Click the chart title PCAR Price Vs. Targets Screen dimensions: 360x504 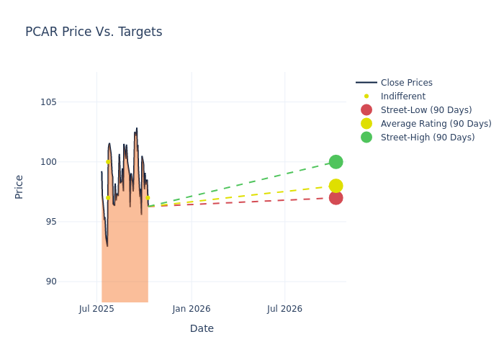[94, 32]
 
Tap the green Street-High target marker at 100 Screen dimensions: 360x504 [336, 162]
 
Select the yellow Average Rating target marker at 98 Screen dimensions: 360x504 [336, 186]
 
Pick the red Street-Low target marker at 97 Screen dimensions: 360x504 [336, 197]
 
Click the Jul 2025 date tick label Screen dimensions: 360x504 [97, 309]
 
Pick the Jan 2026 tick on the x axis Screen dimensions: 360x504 [192, 309]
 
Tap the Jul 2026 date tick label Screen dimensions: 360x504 [284, 309]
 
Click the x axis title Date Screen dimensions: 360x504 [202, 328]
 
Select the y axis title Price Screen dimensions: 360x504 [19, 186]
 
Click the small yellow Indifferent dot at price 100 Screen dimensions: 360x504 [108, 162]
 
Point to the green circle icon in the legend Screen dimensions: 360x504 [366, 138]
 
